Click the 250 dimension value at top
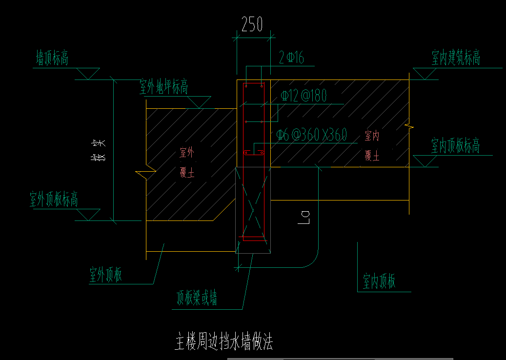[x=252, y=24]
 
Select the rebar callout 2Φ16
[x=291, y=59]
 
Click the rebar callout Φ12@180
[x=304, y=96]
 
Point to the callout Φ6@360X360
[x=311, y=135]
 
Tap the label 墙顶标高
[x=52, y=58]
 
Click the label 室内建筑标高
[x=456, y=58]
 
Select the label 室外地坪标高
[x=163, y=87]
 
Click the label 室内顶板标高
[x=455, y=145]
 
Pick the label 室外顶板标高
[x=54, y=199]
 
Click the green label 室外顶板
[x=105, y=275]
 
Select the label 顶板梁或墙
[x=197, y=298]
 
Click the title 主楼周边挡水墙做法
[x=223, y=342]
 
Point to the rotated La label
[x=304, y=217]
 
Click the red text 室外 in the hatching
[x=187, y=153]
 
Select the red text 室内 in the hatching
[x=372, y=136]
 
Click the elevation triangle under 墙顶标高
[x=88, y=74]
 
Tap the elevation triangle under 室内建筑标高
[x=424, y=74]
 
